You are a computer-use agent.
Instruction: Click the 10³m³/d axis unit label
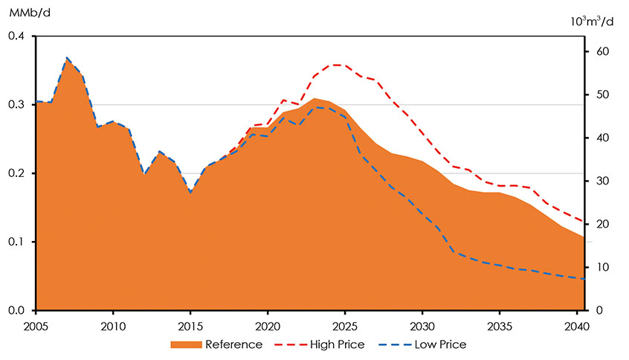pos(592,22)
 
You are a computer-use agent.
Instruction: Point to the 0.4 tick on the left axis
pos(16,36)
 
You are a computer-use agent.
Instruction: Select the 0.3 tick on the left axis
pos(16,105)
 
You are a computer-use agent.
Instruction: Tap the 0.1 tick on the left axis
pos(16,242)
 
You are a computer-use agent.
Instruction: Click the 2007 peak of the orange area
pos(67,57)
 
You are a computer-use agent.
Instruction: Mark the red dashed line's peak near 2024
pos(337,65)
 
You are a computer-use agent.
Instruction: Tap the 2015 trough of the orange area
pos(190,193)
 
